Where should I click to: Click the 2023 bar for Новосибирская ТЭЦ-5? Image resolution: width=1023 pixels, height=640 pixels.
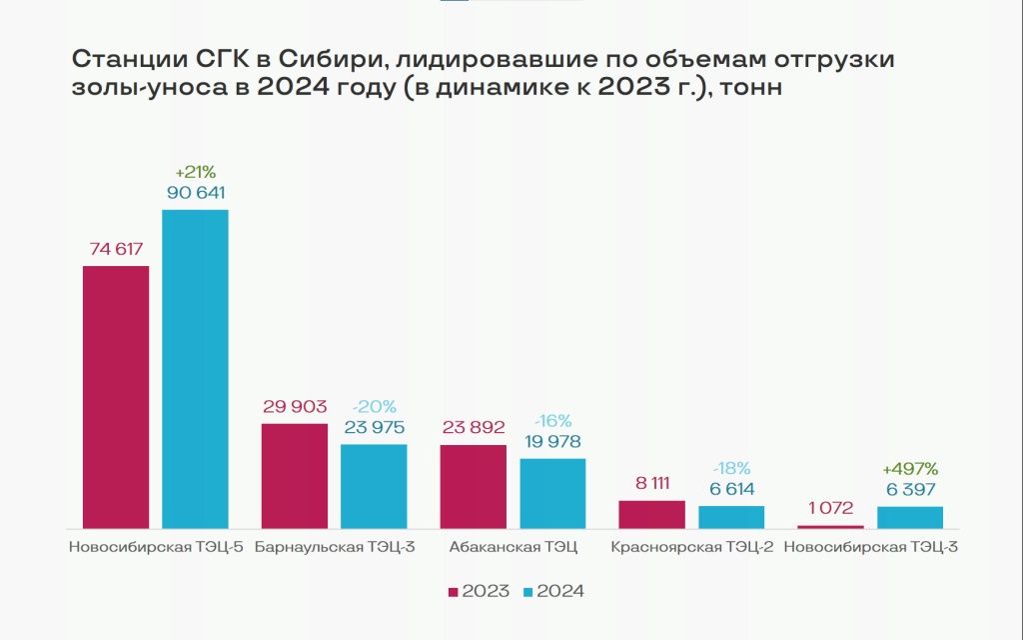[x=116, y=396]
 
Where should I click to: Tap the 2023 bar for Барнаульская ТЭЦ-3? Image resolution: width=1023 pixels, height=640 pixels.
[x=295, y=475]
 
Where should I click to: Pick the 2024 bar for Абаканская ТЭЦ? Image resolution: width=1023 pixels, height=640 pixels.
[x=552, y=493]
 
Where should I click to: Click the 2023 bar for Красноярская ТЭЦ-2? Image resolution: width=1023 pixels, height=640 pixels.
[x=652, y=514]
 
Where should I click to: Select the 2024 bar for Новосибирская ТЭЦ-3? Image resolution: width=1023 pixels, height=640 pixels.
[x=910, y=517]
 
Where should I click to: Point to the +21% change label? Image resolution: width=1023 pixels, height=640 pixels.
[x=195, y=170]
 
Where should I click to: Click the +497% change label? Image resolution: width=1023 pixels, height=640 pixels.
[x=910, y=468]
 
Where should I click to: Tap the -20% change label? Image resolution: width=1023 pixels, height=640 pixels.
[x=374, y=406]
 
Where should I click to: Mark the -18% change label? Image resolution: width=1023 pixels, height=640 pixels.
[x=731, y=468]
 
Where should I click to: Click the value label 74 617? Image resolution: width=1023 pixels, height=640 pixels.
[x=116, y=248]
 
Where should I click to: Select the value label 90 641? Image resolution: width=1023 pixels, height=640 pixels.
[x=195, y=191]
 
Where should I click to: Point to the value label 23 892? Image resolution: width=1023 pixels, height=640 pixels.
[x=474, y=426]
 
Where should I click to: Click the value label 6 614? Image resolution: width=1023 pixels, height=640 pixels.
[x=731, y=489]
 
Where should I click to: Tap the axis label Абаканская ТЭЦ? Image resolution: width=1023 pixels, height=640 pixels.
[x=513, y=547]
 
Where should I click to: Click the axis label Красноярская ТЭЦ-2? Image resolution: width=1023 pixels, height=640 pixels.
[x=691, y=547]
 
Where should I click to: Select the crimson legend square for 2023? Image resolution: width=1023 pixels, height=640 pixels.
[x=454, y=592]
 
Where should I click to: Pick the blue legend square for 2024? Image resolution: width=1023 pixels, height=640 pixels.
[x=528, y=592]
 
